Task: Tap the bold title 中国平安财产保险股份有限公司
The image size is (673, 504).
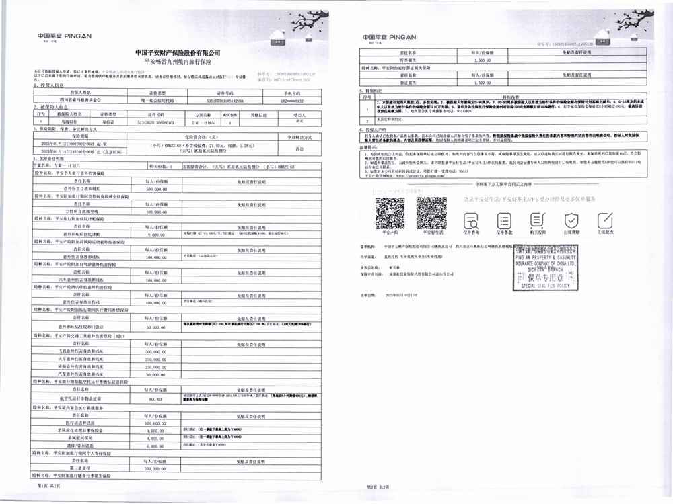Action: pyautogui.click(x=178, y=52)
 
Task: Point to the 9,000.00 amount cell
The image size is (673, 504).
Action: pyautogui.click(x=155, y=235)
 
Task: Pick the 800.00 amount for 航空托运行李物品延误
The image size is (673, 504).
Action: pyautogui.click(x=155, y=398)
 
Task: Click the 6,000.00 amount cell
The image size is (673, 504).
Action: pyautogui.click(x=155, y=446)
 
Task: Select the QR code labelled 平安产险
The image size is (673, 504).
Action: pyautogui.click(x=389, y=214)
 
